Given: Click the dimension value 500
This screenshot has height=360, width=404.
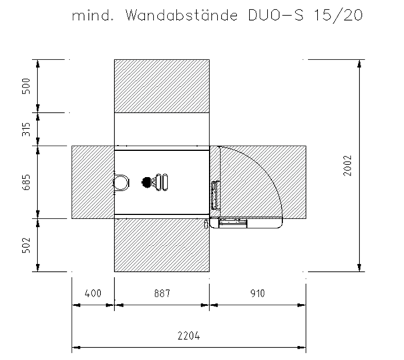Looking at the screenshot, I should click(x=26, y=85).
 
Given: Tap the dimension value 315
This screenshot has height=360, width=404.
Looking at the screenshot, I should click(x=26, y=129).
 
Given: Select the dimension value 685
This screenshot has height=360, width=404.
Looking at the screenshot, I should click(x=26, y=182).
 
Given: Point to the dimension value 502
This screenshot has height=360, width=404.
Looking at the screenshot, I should click(x=26, y=245).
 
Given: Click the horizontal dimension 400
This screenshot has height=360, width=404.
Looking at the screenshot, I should click(x=93, y=294).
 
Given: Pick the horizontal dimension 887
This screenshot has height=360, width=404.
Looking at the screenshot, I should click(x=162, y=294).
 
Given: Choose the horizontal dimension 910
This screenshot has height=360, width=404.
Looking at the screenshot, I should click(x=257, y=294).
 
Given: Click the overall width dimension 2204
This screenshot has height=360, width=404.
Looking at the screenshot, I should click(x=189, y=336).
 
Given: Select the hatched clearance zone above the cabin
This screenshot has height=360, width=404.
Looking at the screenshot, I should click(x=162, y=86).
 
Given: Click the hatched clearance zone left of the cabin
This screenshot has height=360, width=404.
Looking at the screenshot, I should click(x=92, y=182).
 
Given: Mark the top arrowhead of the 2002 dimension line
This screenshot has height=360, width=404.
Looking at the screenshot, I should click(x=359, y=63).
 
